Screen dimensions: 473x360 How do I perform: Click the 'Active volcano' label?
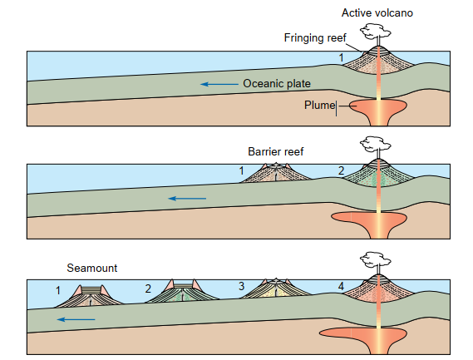377,13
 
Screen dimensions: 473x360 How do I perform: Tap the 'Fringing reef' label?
315,38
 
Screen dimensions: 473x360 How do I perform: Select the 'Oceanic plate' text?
277,84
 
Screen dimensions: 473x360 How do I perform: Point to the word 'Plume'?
320,105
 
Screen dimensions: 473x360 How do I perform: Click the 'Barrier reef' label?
275,151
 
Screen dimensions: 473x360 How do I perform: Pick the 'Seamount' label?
92,268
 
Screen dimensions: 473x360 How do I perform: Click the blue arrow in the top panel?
219,84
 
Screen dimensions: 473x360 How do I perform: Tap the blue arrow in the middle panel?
187,198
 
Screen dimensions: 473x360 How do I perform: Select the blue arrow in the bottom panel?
76,319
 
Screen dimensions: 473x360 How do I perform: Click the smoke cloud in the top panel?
375,32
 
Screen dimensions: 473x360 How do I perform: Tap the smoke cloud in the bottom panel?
375,259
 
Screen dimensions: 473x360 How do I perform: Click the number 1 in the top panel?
341,57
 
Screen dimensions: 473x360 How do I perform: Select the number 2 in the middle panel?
341,170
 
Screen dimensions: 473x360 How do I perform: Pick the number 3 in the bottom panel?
241,286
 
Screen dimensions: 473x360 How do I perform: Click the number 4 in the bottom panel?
341,286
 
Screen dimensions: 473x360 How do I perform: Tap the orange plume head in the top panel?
378,106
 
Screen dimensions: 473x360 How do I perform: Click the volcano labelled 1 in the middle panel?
276,173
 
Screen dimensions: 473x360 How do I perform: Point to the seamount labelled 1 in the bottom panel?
90,296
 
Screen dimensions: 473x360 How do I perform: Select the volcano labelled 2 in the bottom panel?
183,291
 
